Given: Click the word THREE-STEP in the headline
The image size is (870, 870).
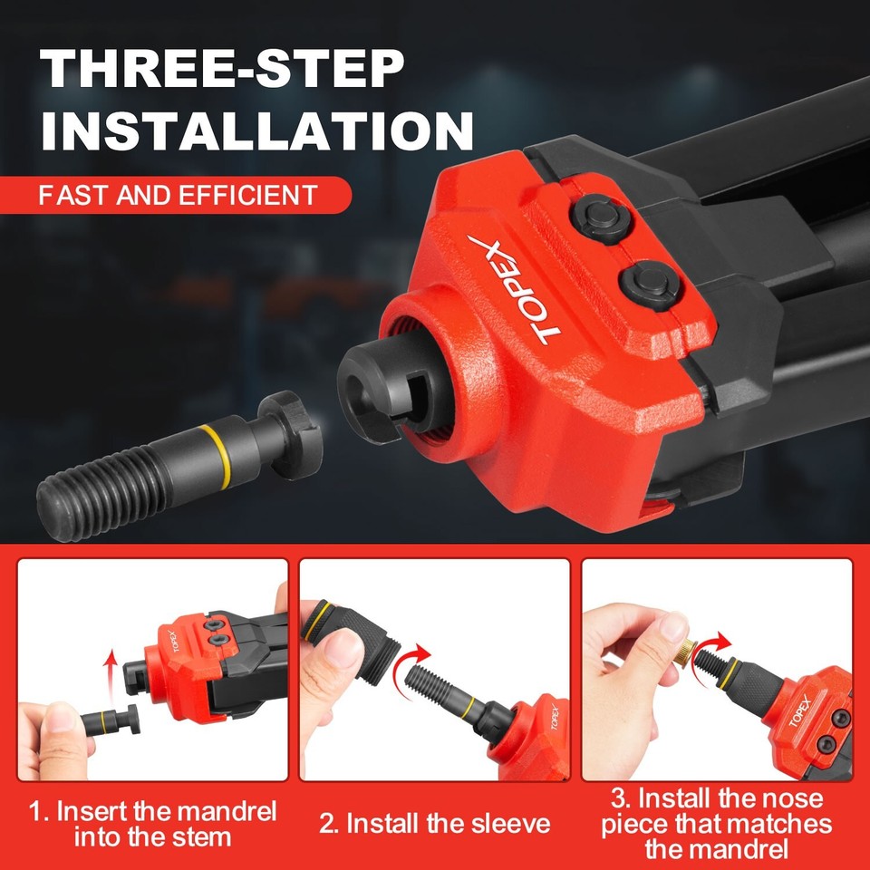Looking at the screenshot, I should [222, 70].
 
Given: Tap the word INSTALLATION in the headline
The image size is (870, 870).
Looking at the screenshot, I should [256, 131].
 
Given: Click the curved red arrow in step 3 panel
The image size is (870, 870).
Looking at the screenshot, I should [717, 643].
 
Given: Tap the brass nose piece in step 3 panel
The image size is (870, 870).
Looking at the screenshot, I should [689, 650].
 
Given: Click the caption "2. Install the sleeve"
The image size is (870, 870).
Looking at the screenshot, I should [434, 824].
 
